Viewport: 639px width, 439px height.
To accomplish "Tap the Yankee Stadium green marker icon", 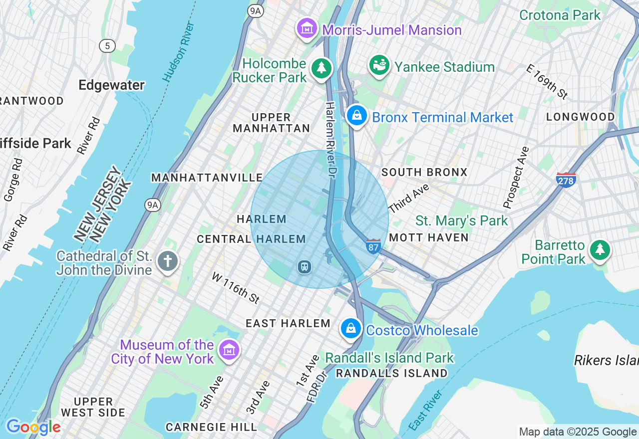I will click(x=379, y=65).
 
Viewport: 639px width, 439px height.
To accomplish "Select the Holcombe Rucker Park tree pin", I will click(x=321, y=68).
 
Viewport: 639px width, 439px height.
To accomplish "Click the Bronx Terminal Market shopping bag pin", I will click(x=357, y=116).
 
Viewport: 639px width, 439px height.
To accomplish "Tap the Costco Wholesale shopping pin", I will click(x=351, y=329).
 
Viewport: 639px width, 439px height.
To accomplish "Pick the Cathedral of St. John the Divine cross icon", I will click(x=168, y=261).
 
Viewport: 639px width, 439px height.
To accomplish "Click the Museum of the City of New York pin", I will click(x=229, y=350).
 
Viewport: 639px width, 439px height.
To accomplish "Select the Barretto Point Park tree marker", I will click(x=600, y=249).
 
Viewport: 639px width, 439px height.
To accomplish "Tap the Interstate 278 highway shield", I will click(x=566, y=180).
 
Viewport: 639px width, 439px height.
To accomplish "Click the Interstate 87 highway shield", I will click(x=373, y=246).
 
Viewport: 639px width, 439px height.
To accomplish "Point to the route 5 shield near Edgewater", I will click(x=107, y=46).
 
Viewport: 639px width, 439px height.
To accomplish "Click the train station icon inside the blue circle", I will click(x=304, y=267).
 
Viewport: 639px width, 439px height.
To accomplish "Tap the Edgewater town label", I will click(x=112, y=85).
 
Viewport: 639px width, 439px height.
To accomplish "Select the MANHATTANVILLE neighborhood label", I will click(x=207, y=178).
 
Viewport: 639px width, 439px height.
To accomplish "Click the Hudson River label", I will click(x=178, y=52).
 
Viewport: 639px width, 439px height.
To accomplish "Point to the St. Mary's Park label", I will click(x=461, y=220).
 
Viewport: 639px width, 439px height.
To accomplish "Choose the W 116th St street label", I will click(x=236, y=288).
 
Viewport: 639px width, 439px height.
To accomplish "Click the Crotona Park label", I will click(x=560, y=15).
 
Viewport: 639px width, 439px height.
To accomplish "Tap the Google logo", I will click(x=33, y=427).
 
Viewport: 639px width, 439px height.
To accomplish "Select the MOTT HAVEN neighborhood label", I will click(x=428, y=237).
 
